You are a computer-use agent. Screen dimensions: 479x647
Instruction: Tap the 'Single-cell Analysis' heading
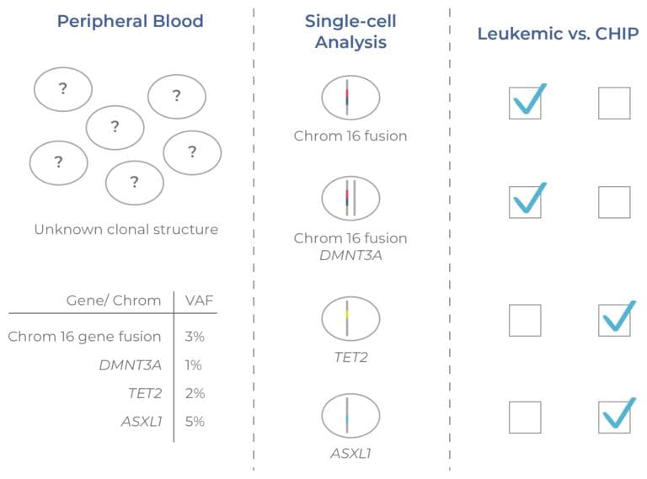pos(350,31)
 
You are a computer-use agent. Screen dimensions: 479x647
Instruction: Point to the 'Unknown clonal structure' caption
pos(126,229)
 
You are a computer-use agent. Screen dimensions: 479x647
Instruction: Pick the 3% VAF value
pos(194,337)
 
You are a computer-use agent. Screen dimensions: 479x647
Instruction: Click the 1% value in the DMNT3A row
pos(194,365)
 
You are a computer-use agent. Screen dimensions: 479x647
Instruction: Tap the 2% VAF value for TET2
pos(194,393)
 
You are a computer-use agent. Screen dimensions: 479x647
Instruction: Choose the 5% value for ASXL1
pos(194,422)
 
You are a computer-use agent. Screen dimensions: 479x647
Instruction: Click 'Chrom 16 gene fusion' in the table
pos(84,337)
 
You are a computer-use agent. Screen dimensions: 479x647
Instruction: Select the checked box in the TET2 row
pos(614,320)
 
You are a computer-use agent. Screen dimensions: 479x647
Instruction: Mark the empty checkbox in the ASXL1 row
pos(525,417)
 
